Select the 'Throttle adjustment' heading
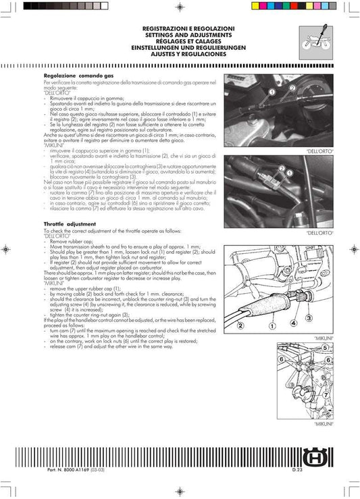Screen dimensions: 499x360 pos(70,223)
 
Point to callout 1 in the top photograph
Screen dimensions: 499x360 pos(272,91)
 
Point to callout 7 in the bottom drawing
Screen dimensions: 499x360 pos(324,394)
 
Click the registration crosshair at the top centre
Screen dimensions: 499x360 pos(180,7)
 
